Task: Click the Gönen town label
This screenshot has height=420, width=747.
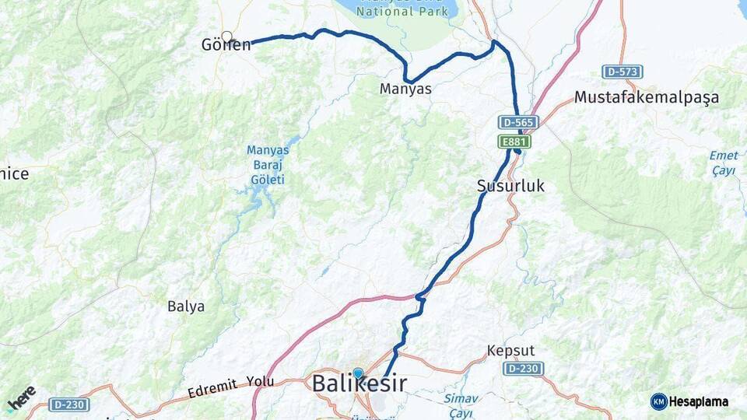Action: tap(226, 45)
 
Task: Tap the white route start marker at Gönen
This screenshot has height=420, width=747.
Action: tap(227, 37)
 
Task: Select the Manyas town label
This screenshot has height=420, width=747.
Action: tap(405, 89)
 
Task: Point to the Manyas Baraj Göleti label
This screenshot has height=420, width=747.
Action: tap(267, 165)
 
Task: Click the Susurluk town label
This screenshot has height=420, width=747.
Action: tap(510, 186)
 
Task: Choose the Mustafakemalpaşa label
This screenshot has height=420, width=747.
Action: tap(647, 98)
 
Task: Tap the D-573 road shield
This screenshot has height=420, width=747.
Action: tap(622, 72)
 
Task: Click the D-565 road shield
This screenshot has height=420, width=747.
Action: tap(519, 122)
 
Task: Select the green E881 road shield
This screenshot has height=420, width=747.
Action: tap(514, 141)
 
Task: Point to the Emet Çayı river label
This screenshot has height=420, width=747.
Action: tap(724, 163)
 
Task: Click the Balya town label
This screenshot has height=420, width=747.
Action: tap(186, 306)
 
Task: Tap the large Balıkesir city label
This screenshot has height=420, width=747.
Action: tap(359, 384)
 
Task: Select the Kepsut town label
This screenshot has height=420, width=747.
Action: tap(510, 351)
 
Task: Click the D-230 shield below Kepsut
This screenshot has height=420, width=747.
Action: tap(523, 368)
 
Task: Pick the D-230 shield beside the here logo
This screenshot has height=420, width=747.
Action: tap(69, 404)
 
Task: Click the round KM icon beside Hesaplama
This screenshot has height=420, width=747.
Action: tap(658, 401)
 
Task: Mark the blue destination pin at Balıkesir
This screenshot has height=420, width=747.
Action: tap(357, 374)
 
